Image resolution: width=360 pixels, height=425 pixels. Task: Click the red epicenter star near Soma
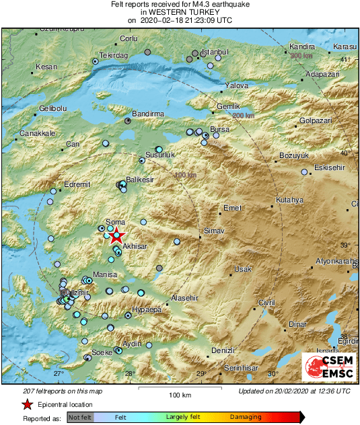116,235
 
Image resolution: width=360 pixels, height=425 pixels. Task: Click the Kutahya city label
290,200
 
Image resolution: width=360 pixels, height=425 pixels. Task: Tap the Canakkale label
37,133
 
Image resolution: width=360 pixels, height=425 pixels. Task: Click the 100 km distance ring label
184,176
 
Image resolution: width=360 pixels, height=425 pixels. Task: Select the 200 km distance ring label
244,116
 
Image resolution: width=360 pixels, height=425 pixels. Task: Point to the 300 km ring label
301,56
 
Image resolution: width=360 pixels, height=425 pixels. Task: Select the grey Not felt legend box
80,418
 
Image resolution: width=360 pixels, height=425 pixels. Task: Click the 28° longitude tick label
129,374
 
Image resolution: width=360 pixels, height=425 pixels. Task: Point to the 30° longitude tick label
273,374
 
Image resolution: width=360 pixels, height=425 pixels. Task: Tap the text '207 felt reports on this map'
53,391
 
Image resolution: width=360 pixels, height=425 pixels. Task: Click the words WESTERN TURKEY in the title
180,12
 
